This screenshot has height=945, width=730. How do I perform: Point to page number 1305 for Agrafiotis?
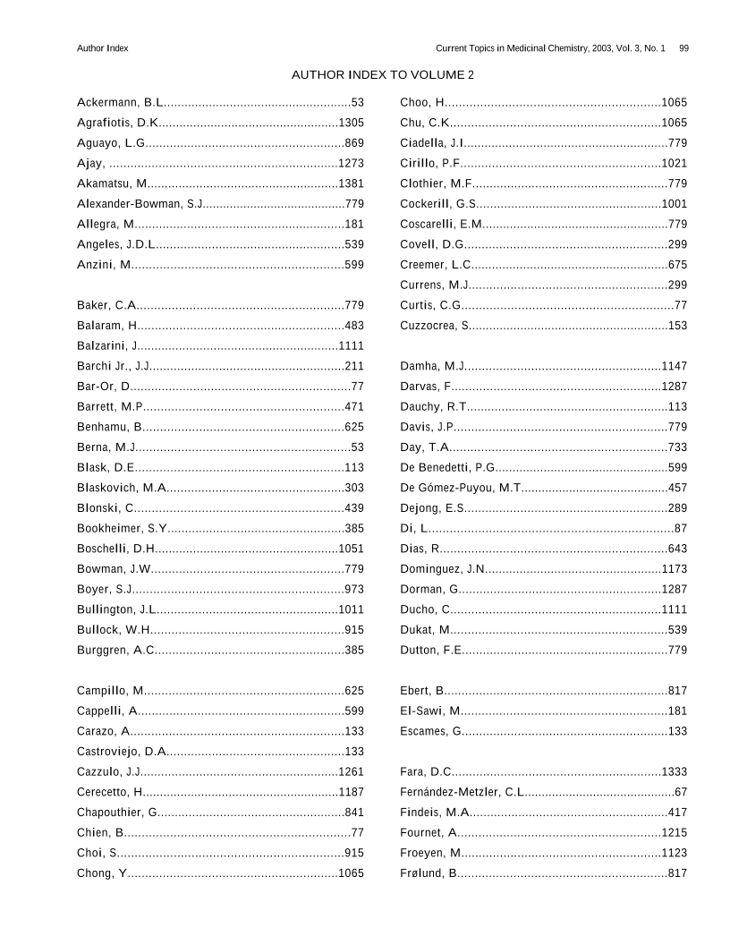[x=351, y=123]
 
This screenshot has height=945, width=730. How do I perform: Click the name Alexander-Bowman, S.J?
[x=140, y=204]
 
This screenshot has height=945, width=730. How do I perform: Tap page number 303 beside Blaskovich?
[x=354, y=488]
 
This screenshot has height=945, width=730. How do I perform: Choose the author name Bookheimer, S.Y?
[x=122, y=528]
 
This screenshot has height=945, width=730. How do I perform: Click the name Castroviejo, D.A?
[x=122, y=752]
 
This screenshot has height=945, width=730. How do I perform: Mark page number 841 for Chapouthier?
[x=354, y=813]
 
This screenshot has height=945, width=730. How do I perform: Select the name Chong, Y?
[x=102, y=873]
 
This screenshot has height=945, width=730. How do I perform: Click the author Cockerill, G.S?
[x=438, y=204]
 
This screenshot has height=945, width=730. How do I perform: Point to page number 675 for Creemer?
[x=677, y=265]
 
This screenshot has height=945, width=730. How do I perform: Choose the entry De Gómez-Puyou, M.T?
[x=461, y=488]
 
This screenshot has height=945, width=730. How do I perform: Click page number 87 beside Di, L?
[x=681, y=528]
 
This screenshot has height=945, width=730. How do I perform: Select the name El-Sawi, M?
[x=430, y=711]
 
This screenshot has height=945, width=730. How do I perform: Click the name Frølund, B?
[x=429, y=873]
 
